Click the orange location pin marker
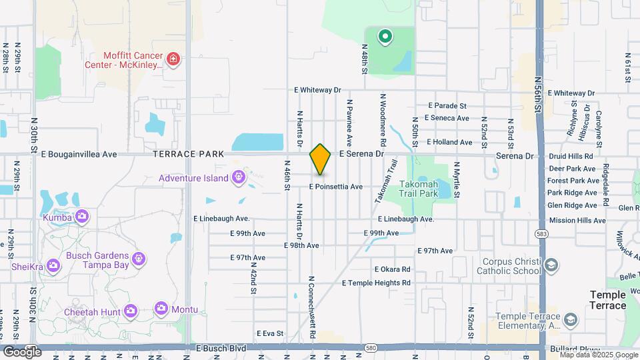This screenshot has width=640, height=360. (x=320, y=159)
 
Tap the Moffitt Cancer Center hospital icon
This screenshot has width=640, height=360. (x=174, y=60)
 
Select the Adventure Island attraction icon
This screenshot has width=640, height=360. (x=239, y=178)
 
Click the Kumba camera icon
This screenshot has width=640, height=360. (x=81, y=216)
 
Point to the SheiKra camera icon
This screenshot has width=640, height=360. (x=53, y=267)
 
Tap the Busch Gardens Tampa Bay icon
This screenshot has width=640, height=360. (x=139, y=257)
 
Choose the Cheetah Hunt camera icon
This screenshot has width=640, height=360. (x=130, y=311)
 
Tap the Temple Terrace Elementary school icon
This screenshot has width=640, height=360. (x=570, y=321)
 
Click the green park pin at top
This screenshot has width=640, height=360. (x=385, y=36)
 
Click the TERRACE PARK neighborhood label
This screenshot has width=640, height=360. (x=188, y=154)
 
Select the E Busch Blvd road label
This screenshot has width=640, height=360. (x=221, y=349)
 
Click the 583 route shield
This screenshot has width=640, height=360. (x=541, y=233)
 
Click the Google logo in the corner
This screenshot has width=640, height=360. (x=22, y=351)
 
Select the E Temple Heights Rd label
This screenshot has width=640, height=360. (x=376, y=283)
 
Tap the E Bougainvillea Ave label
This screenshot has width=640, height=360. (x=79, y=154)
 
